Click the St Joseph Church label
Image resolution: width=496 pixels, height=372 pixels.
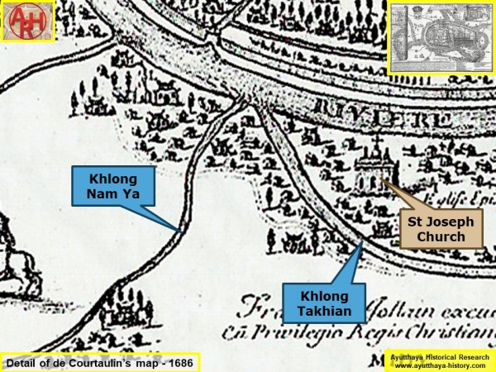click(441, 227)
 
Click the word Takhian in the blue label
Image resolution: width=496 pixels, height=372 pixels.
click(318, 310)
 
